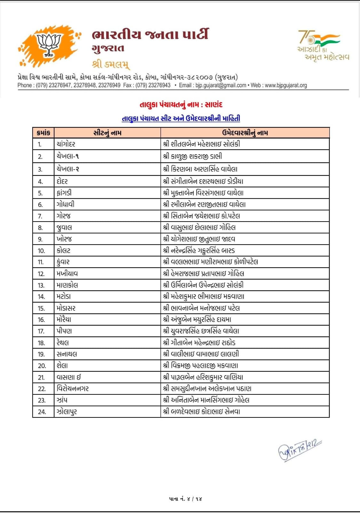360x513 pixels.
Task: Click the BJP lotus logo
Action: [49, 45]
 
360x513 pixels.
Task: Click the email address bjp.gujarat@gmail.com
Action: [221, 85]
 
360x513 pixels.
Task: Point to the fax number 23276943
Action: [159, 85]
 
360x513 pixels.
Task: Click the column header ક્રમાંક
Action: [44, 133]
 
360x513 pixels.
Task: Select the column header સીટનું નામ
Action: [107, 133]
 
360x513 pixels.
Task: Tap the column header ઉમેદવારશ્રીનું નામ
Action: [245, 133]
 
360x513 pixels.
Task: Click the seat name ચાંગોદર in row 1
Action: [66, 144]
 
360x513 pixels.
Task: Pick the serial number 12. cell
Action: [41, 274]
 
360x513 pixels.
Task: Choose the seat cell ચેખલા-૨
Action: [68, 169]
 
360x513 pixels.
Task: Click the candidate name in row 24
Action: [202, 412]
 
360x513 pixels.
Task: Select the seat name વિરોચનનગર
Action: [73, 389]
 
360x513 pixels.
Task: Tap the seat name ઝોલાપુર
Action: [67, 412]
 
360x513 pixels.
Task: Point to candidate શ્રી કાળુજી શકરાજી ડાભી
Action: [192, 156]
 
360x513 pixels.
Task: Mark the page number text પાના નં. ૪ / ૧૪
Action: [186, 499]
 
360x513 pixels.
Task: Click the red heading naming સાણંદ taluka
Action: [181, 105]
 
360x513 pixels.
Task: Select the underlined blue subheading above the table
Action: [181, 119]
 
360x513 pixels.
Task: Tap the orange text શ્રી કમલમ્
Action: [111, 64]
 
